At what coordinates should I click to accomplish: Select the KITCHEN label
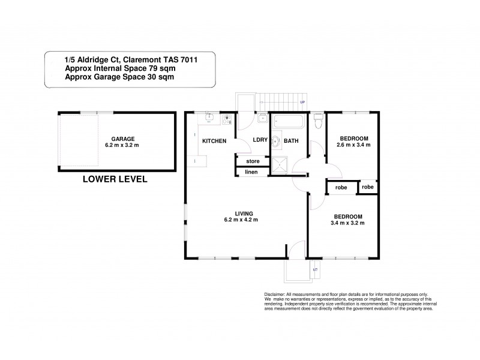pos(214,141)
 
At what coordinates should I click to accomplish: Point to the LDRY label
pos(259,141)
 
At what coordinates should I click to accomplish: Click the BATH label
pos(291,141)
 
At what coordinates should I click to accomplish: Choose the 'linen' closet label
pos(250,173)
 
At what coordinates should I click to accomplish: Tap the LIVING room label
pos(243,213)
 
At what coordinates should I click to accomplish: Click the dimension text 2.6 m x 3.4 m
pos(353,145)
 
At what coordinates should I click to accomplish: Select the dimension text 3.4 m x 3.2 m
pos(348,223)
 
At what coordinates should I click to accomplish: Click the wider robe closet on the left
pos(341,187)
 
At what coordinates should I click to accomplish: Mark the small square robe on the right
pos(368,187)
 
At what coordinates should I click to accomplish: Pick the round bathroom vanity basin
pos(276,142)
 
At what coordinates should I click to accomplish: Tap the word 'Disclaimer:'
pos(275,294)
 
